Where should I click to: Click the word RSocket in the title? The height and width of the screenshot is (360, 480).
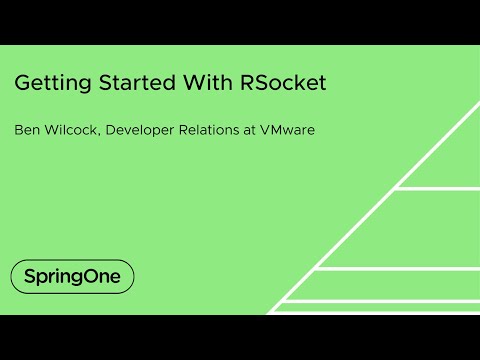[284, 84]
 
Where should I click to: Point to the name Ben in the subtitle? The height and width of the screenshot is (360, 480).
[27, 129]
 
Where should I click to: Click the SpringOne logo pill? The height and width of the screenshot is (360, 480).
[72, 276]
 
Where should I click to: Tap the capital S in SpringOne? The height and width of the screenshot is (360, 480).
[29, 276]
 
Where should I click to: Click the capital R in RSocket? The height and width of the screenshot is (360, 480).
[248, 84]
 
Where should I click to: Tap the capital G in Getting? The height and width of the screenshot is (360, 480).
[22, 84]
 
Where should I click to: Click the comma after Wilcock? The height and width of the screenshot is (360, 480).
[103, 134]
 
